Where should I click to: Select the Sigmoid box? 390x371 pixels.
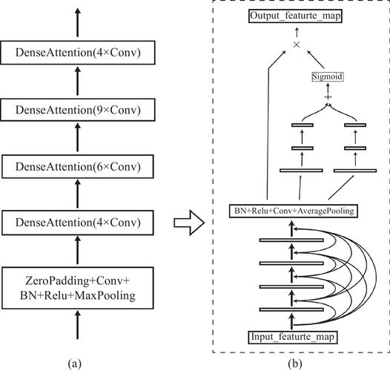tap(327, 76)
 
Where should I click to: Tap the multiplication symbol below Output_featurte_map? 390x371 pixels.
tap(296, 45)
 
